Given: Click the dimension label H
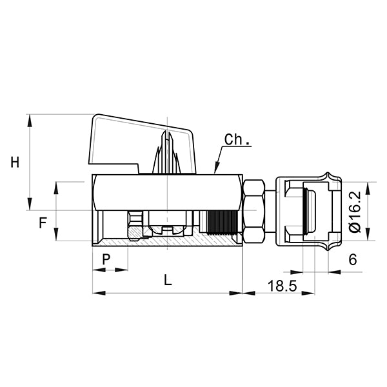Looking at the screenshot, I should [x=15, y=162].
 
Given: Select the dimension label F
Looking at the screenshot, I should [x=43, y=224].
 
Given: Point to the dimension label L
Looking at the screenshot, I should [x=168, y=281].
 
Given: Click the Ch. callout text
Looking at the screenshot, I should [x=237, y=140].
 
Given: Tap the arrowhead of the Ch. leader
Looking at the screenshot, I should [x=216, y=172].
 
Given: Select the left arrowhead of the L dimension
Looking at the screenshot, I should [x=97, y=293].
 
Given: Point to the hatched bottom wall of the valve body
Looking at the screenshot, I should [x=168, y=241].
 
